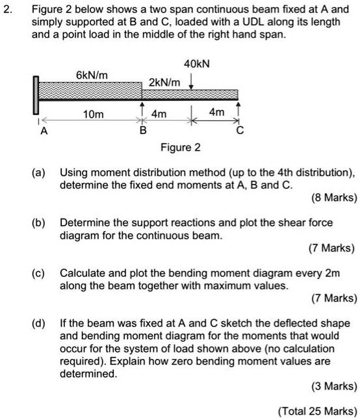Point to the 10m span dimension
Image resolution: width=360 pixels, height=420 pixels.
(93, 114)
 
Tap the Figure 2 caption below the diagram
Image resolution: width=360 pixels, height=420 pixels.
(181, 148)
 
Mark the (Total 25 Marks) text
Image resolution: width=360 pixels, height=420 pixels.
(317, 410)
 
